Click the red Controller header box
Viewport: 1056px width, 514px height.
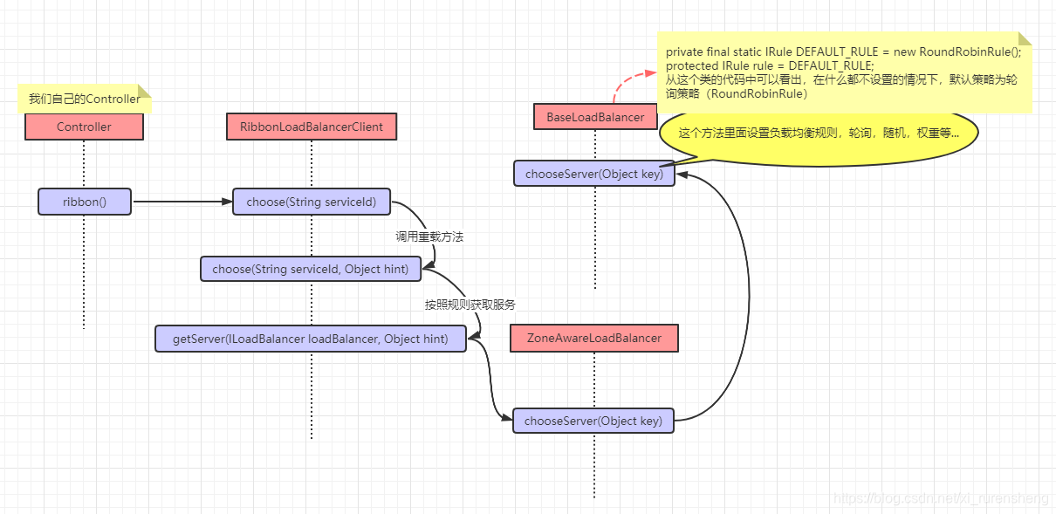tap(84, 127)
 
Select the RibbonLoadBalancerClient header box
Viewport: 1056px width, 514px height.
tap(312, 127)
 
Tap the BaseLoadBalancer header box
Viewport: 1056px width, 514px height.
tap(595, 117)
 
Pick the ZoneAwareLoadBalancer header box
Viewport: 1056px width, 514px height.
tap(594, 339)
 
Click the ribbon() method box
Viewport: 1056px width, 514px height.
tap(84, 202)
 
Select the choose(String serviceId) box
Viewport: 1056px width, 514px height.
tap(312, 202)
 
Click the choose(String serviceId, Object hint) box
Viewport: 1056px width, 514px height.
tap(311, 269)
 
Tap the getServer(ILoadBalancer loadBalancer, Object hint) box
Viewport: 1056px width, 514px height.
tap(311, 339)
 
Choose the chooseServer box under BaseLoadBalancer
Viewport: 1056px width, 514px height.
tap(594, 174)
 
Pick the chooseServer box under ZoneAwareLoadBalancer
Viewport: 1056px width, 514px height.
tap(593, 421)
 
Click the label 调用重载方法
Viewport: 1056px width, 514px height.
tap(429, 236)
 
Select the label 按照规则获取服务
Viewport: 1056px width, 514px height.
tap(470, 305)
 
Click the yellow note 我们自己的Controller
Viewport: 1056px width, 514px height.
tap(85, 99)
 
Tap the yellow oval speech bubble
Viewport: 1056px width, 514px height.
tap(819, 134)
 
